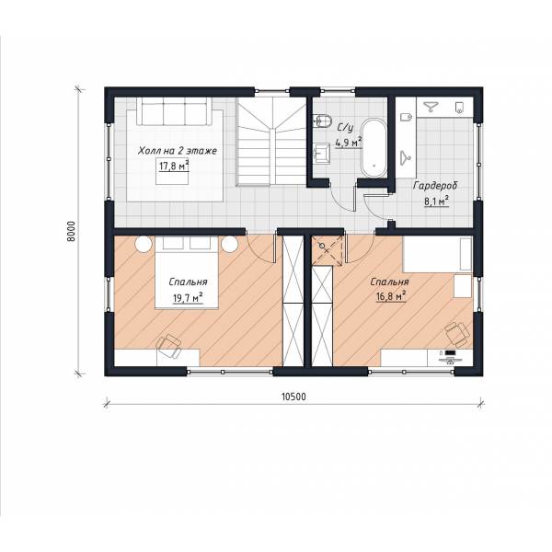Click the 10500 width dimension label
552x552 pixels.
294,397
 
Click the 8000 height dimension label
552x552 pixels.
71,231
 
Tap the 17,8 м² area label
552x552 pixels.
174,166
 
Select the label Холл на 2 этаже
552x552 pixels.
178,151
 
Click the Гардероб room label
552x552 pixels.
435,186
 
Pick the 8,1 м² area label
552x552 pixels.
436,201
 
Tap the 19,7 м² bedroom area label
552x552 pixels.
188,298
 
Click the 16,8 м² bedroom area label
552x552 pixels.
391,295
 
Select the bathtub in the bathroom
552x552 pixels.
374,149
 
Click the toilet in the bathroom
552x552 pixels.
323,121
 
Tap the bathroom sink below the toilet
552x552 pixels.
321,154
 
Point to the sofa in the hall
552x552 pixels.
174,111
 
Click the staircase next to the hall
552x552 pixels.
271,141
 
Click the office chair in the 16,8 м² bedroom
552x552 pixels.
457,333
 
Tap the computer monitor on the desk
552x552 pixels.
450,352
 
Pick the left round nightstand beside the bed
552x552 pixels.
144,244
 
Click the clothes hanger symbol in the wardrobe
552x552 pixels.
407,157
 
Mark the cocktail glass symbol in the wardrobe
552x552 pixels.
430,107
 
